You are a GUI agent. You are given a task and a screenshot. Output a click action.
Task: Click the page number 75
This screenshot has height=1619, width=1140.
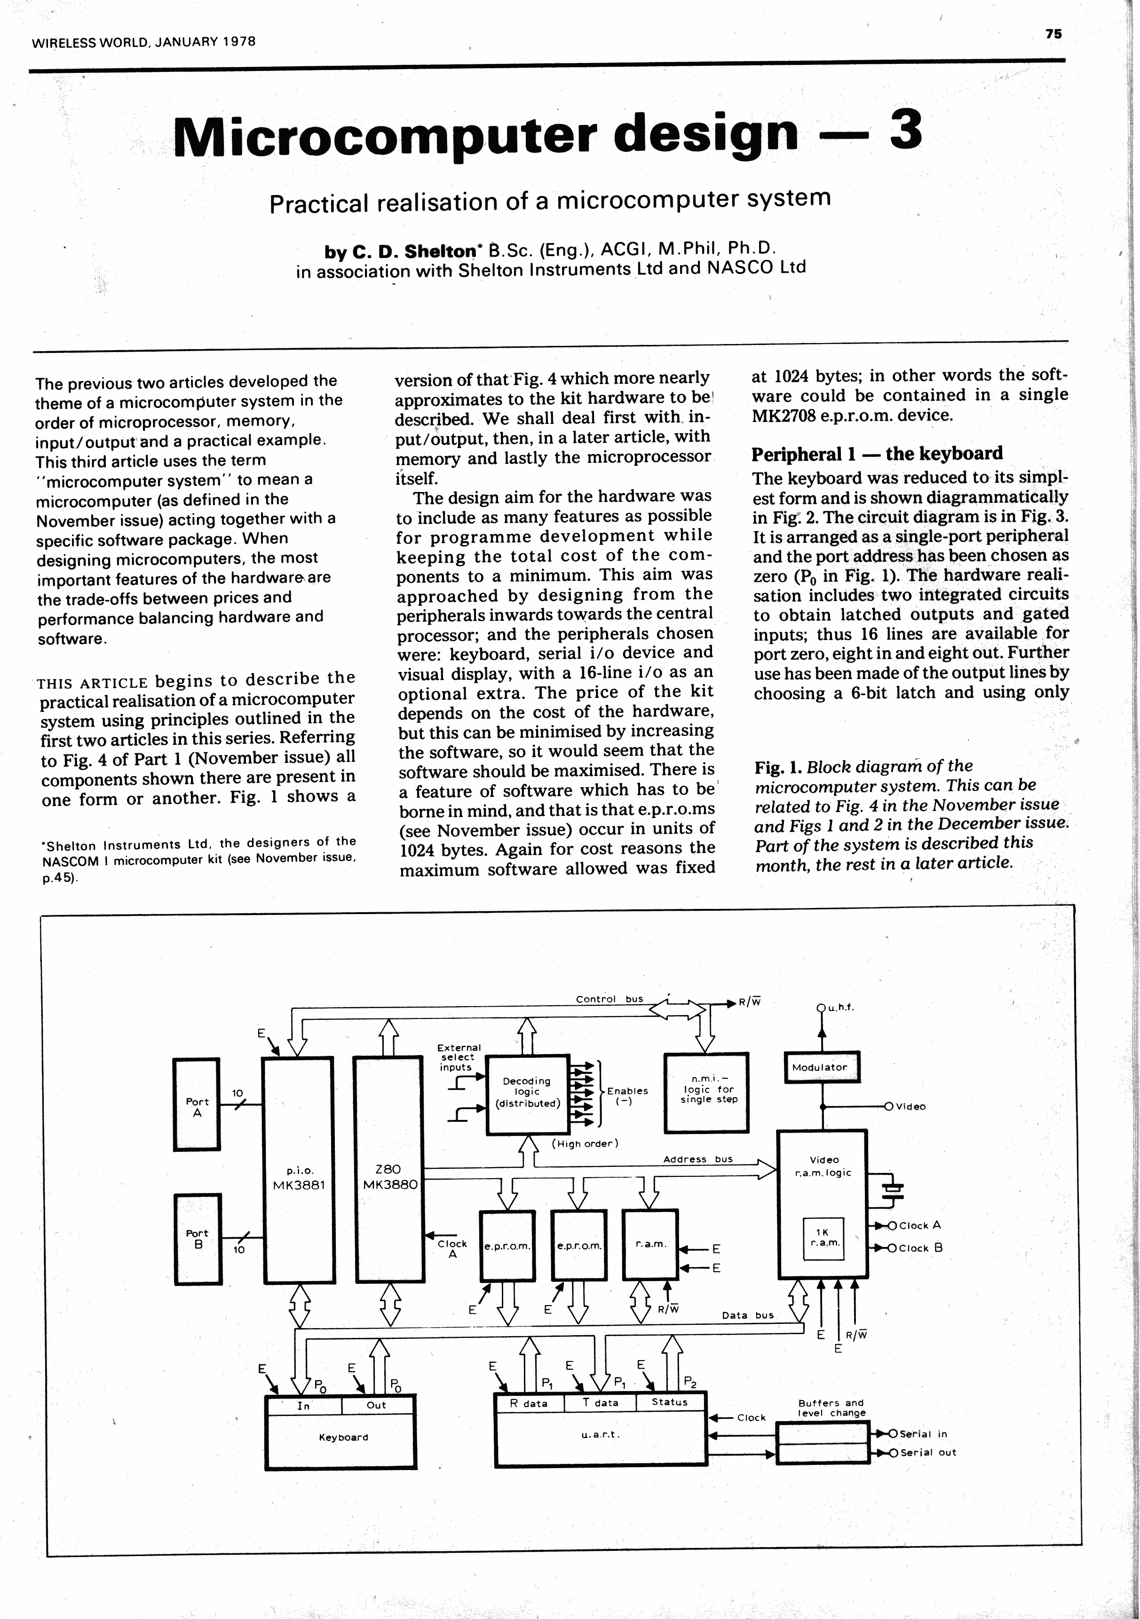[x=1053, y=33]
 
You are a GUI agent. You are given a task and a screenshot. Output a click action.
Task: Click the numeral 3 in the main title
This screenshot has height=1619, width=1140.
[x=906, y=131]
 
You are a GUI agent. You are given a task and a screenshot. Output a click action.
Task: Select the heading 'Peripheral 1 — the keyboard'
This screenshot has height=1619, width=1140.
[x=877, y=454]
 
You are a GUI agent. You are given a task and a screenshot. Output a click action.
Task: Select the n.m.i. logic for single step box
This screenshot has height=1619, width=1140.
[x=707, y=1092]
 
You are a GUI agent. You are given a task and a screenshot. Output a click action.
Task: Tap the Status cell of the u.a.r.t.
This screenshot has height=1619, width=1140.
[x=670, y=1402]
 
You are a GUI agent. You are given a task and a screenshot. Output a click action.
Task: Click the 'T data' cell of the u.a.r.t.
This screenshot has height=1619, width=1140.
[x=600, y=1402]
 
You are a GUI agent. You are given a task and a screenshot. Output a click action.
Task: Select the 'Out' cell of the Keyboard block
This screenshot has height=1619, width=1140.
[x=377, y=1405]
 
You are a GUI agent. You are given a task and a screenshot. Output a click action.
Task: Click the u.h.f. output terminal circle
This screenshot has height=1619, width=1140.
[x=820, y=1008]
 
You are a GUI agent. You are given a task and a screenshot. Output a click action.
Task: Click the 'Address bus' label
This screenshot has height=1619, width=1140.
[x=698, y=1158]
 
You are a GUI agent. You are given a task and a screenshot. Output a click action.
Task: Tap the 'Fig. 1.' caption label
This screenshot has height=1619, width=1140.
[x=778, y=767]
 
